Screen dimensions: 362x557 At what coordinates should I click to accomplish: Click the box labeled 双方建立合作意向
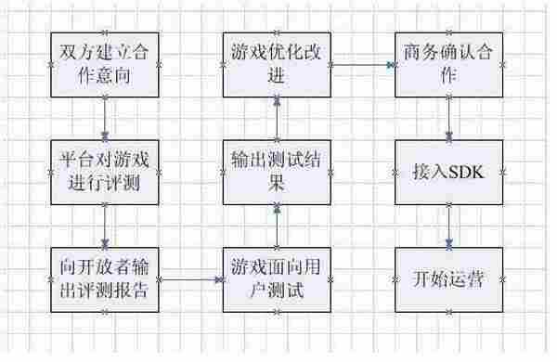tap(105, 66)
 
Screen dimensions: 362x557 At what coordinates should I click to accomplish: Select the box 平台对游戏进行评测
tap(105, 172)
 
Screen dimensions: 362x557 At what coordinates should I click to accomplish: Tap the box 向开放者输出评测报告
tap(105, 278)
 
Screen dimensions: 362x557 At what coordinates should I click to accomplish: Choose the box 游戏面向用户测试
tap(276, 278)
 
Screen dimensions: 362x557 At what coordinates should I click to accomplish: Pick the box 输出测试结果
tap(276, 172)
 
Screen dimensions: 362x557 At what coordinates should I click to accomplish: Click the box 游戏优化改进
tap(276, 66)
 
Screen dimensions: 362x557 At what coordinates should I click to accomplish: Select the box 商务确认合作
tap(450, 66)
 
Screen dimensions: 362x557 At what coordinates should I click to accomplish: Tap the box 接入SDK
tap(450, 172)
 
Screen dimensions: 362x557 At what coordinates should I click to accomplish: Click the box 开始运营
tap(450, 278)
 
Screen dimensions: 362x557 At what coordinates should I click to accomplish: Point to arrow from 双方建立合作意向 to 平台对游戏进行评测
tap(105, 119)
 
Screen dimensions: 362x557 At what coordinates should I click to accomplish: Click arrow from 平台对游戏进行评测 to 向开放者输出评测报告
tap(105, 225)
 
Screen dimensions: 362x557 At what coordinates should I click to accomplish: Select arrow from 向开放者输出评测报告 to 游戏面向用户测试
tap(190, 278)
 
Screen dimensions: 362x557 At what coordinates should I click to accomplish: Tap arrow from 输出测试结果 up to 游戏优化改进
tap(276, 119)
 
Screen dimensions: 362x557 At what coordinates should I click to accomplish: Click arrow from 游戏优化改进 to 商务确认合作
tap(363, 66)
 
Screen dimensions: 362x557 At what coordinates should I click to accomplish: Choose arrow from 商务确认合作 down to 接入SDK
tap(450, 119)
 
